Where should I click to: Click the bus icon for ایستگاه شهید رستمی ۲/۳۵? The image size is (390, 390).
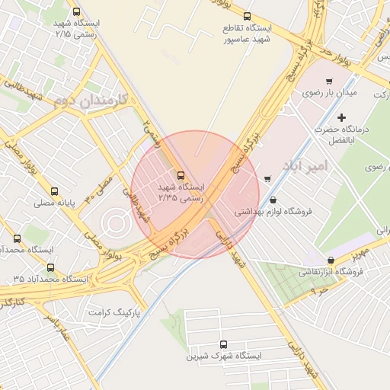[x=181, y=174]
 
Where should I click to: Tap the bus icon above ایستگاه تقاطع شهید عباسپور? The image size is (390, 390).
[x=246, y=16]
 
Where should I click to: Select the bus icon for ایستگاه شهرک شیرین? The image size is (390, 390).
[x=223, y=344]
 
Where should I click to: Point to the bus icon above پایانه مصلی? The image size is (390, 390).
[x=53, y=191]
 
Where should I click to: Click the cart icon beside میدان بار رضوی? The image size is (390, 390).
[x=329, y=82]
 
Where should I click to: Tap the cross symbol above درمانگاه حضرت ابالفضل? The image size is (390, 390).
[x=341, y=117]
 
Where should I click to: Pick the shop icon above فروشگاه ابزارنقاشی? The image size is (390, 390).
[x=330, y=260]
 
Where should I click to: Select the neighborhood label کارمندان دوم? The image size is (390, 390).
[x=91, y=101]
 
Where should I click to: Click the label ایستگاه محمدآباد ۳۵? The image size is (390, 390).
[x=50, y=280]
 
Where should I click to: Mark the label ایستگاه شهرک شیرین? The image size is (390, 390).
[x=225, y=356]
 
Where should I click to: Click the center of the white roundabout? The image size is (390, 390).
[x=116, y=222]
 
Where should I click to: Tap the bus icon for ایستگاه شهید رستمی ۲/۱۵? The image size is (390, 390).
[x=75, y=12]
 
